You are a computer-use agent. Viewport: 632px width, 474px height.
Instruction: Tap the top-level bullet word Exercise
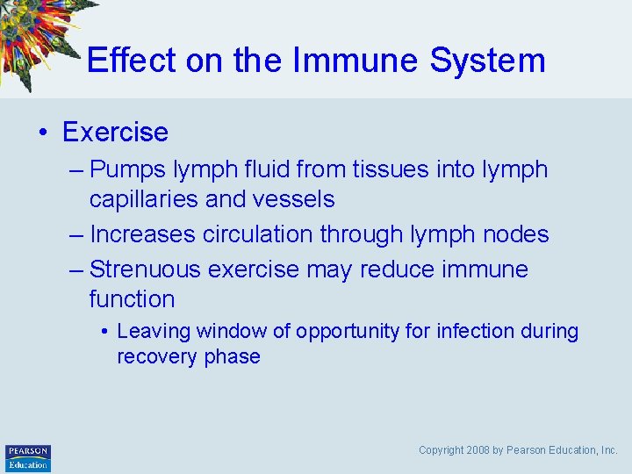115,132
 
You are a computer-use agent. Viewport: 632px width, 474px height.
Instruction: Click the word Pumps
128,169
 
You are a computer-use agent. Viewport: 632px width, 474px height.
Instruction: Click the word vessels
294,199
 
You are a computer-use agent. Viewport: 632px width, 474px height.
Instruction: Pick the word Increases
142,234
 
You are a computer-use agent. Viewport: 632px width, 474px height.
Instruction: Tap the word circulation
257,234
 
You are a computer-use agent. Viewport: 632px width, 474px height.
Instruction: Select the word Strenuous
150,269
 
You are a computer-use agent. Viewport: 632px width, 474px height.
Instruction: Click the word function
132,299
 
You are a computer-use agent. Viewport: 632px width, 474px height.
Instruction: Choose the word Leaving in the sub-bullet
154,332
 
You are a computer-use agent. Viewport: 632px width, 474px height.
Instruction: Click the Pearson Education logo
28,457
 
